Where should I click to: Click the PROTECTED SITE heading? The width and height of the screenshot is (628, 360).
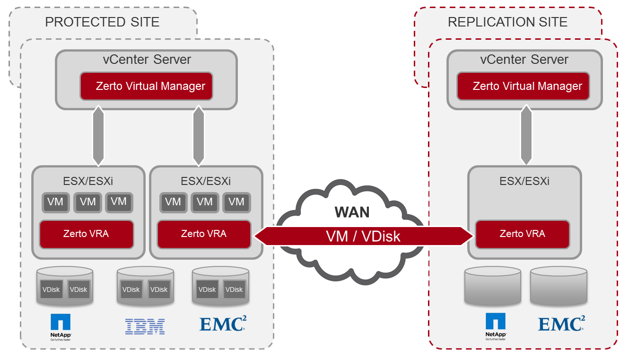[x=102, y=22]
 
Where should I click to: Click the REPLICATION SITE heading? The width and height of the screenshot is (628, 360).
[x=507, y=22]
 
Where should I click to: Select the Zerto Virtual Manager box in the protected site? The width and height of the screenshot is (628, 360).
[x=146, y=86]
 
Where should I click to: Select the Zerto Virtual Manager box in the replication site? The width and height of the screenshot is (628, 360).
[x=523, y=86]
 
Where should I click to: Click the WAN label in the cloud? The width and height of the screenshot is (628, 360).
[x=352, y=212]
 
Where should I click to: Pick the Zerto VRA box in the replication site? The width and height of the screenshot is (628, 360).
[x=522, y=234]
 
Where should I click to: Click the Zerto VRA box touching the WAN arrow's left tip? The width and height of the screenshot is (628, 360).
[x=204, y=234]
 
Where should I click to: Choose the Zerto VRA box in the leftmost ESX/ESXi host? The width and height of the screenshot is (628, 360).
[x=86, y=234]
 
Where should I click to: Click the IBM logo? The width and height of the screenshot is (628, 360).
[x=145, y=326]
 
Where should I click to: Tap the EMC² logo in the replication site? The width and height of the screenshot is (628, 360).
[x=561, y=324]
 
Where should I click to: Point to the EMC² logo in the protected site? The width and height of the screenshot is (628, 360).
[x=223, y=324]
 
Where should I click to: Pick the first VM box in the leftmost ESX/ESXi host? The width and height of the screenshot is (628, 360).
[x=56, y=202]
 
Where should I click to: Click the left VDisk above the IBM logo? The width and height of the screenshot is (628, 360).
[x=131, y=290]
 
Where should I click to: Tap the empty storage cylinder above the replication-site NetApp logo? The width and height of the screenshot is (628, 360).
[x=492, y=286]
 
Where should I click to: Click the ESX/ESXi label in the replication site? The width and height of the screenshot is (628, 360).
[x=524, y=181]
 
